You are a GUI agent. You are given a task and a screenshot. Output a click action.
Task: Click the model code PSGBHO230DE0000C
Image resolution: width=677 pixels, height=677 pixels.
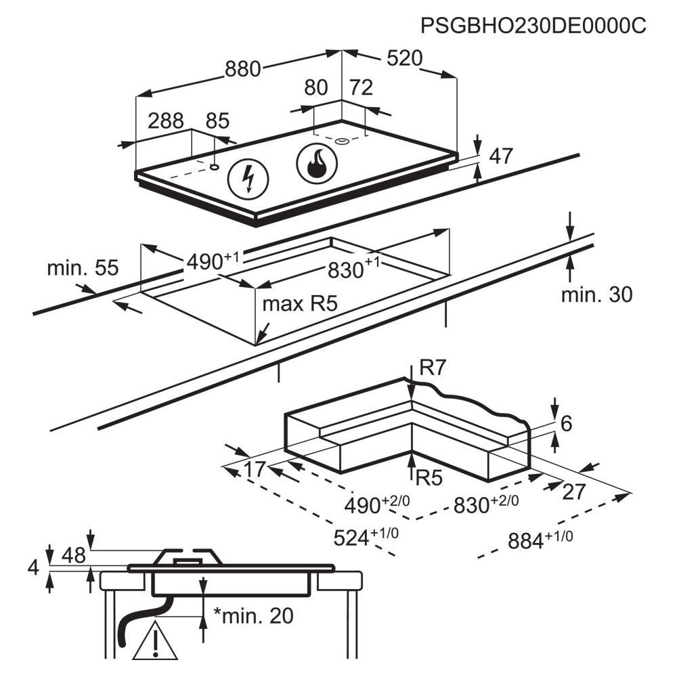point(533,26)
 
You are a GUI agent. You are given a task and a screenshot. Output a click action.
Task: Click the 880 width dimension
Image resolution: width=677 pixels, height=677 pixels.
point(242,69)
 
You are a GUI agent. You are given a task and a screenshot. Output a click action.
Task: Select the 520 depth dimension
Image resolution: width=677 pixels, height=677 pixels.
point(405,58)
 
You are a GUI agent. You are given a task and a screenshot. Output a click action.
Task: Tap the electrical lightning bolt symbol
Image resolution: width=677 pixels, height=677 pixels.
point(248,179)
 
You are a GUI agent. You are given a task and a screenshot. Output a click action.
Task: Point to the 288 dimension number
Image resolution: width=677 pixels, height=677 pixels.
point(166,121)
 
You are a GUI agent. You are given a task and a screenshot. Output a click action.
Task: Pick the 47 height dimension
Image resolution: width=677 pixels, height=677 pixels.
point(501,156)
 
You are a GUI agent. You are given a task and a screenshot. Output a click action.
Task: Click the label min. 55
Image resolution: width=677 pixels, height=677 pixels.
point(83,267)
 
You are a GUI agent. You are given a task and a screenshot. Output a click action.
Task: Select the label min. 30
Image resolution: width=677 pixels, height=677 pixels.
point(596,294)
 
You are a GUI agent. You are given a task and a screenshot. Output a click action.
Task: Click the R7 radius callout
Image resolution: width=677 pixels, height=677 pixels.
point(432,368)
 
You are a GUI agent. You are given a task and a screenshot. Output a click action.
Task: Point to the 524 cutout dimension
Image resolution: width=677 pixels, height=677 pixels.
point(366,537)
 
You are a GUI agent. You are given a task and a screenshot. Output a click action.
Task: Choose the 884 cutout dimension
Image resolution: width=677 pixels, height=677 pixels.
point(540,540)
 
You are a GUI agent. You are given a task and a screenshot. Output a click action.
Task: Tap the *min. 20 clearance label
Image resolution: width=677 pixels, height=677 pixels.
point(254,615)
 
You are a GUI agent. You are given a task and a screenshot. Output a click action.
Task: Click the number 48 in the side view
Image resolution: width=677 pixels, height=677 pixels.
point(74,555)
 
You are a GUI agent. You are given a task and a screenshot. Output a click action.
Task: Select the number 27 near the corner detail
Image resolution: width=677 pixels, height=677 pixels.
point(574,492)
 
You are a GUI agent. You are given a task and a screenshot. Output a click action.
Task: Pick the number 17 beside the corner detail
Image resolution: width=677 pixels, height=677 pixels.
point(255,469)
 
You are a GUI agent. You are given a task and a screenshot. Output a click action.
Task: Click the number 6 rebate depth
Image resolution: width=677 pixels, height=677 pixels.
point(565,424)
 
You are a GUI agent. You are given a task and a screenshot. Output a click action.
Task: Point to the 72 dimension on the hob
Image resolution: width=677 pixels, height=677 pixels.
point(361,87)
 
